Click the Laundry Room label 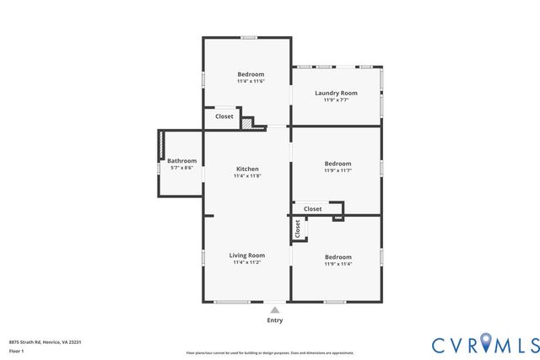(336, 93)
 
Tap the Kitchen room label (247, 169)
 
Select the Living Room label (247, 255)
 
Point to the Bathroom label (181, 161)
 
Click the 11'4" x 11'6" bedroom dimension (251, 82)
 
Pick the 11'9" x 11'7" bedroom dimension (337, 170)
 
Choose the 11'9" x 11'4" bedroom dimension (337, 264)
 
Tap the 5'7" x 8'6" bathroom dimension (181, 169)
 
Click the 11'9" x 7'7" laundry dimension (336, 100)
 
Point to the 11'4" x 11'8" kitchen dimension (247, 176)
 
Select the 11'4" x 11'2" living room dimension (247, 263)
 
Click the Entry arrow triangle (275, 310)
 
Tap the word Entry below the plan (275, 320)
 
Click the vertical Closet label (298, 228)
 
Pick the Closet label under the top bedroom (224, 117)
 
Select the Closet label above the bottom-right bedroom (312, 208)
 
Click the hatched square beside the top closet (246, 123)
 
